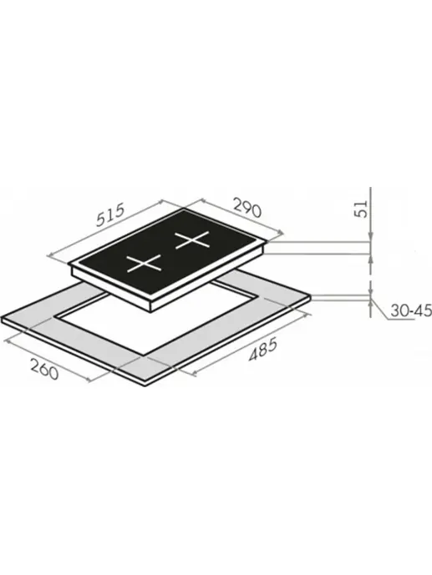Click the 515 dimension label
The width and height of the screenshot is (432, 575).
tap(111, 214)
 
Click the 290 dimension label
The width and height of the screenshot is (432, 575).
tap(247, 208)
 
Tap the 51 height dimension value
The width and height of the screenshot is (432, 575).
tap(362, 209)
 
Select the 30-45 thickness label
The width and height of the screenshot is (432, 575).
tap(411, 311)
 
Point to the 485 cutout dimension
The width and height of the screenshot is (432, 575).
tap(263, 351)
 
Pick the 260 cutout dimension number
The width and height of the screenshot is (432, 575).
tap(44, 369)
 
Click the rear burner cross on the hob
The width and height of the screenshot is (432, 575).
tap(192, 240)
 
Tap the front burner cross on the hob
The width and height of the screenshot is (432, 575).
tap(144, 263)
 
